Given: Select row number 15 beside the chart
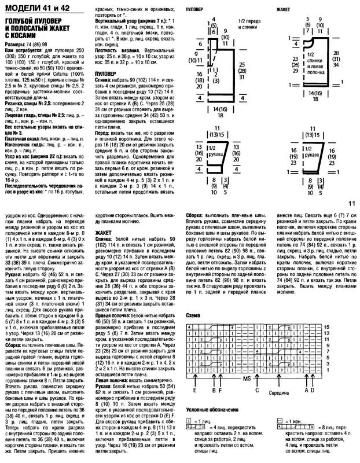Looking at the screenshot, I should point(343,328).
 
